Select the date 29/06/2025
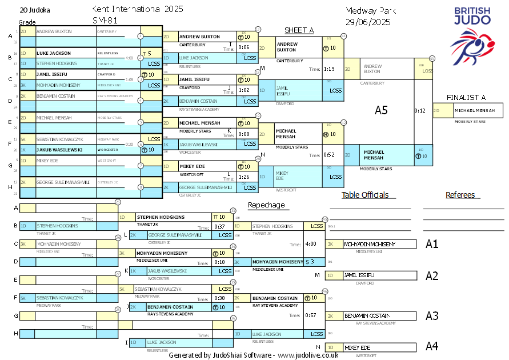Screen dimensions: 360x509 tap(368, 22)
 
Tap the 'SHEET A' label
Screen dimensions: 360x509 tap(299, 30)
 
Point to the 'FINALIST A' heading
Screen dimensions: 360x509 tap(466, 97)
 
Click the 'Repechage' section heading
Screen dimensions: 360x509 tap(266, 205)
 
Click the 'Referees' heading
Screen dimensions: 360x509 tap(460, 195)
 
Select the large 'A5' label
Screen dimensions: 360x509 tap(381, 110)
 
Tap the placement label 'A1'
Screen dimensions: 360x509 tap(432, 244)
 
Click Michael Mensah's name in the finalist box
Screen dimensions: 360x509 tap(475, 110)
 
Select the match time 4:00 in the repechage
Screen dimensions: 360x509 tap(311, 244)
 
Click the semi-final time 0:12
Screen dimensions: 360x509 tap(420, 110)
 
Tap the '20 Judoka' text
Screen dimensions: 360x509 tap(35, 10)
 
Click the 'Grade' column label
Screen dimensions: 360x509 tap(27, 22)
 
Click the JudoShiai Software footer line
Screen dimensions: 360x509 tap(253, 355)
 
